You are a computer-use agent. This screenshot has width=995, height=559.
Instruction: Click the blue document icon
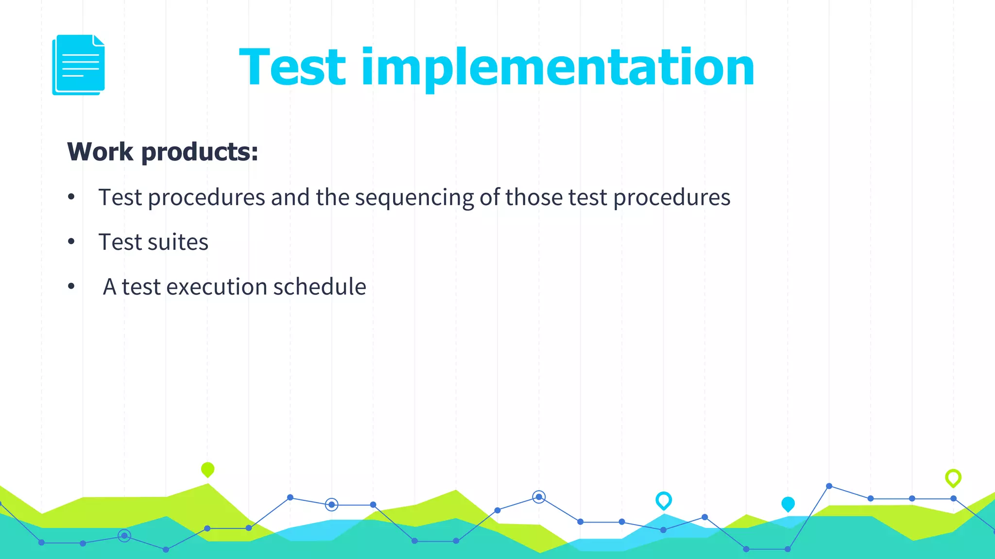pyautogui.click(x=79, y=65)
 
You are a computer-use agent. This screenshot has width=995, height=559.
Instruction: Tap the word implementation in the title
pyautogui.click(x=558, y=68)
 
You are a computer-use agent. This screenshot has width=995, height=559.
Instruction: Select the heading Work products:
pyautogui.click(x=163, y=152)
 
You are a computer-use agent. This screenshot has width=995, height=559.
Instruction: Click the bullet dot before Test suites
pyautogui.click(x=71, y=241)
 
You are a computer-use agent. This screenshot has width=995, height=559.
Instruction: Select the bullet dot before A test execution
pyautogui.click(x=71, y=286)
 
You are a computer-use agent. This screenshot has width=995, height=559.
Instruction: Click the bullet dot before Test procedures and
pyautogui.click(x=71, y=197)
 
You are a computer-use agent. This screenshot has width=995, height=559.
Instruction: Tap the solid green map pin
pyautogui.click(x=207, y=469)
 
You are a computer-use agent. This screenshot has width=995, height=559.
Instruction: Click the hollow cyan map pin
pyautogui.click(x=664, y=500)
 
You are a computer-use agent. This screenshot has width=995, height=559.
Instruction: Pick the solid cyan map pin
pyautogui.click(x=788, y=504)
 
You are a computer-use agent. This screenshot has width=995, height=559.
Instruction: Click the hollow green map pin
pyautogui.click(x=953, y=477)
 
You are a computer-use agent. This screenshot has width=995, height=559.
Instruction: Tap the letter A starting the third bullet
pyautogui.click(x=110, y=287)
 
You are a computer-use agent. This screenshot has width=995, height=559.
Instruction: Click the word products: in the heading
pyautogui.click(x=200, y=152)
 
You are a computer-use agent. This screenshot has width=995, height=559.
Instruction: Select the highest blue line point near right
pyautogui.click(x=829, y=486)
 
